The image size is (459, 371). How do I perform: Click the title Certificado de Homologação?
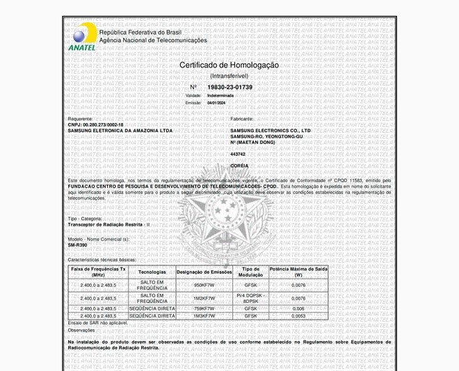229,65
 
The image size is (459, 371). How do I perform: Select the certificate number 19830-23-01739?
230,87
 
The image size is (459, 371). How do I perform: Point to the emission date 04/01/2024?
216,102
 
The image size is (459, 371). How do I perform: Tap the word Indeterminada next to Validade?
220,94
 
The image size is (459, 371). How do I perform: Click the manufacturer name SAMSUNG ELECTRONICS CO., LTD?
271,131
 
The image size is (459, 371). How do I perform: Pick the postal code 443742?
238,154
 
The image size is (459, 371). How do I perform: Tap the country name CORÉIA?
239,166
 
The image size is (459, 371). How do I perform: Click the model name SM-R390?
77,245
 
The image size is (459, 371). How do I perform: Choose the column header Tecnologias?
152,272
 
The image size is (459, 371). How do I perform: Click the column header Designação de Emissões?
204,272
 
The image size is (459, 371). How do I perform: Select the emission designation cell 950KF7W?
204,286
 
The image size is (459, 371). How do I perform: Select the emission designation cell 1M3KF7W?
204,315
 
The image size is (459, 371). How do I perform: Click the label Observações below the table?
82,330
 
